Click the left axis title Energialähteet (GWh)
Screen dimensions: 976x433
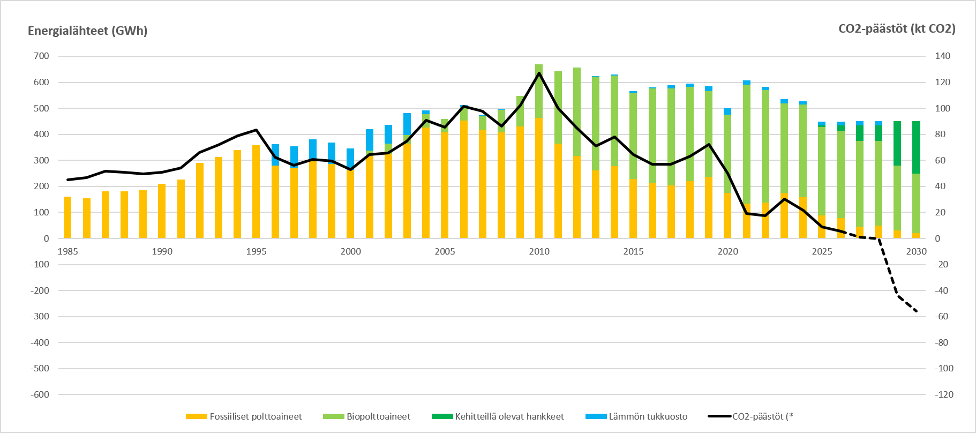(87, 31)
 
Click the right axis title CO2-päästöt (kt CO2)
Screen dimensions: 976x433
(897, 29)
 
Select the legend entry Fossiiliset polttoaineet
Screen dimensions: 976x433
(244, 416)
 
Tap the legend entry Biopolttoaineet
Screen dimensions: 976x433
(367, 416)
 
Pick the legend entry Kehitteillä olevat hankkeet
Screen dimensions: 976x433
(498, 416)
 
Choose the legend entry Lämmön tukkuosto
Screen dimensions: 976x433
(636, 416)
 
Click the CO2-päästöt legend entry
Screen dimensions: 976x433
(750, 416)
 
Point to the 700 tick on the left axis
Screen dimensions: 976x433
(42, 56)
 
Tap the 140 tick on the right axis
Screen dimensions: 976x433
(943, 56)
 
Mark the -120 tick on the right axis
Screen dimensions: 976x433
(944, 394)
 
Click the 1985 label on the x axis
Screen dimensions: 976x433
(67, 251)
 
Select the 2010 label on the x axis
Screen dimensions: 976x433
(539, 251)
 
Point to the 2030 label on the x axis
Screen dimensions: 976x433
(916, 251)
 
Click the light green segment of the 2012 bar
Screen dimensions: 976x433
(577, 112)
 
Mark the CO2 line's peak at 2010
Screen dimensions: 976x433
(539, 73)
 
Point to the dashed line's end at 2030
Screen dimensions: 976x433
(917, 311)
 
